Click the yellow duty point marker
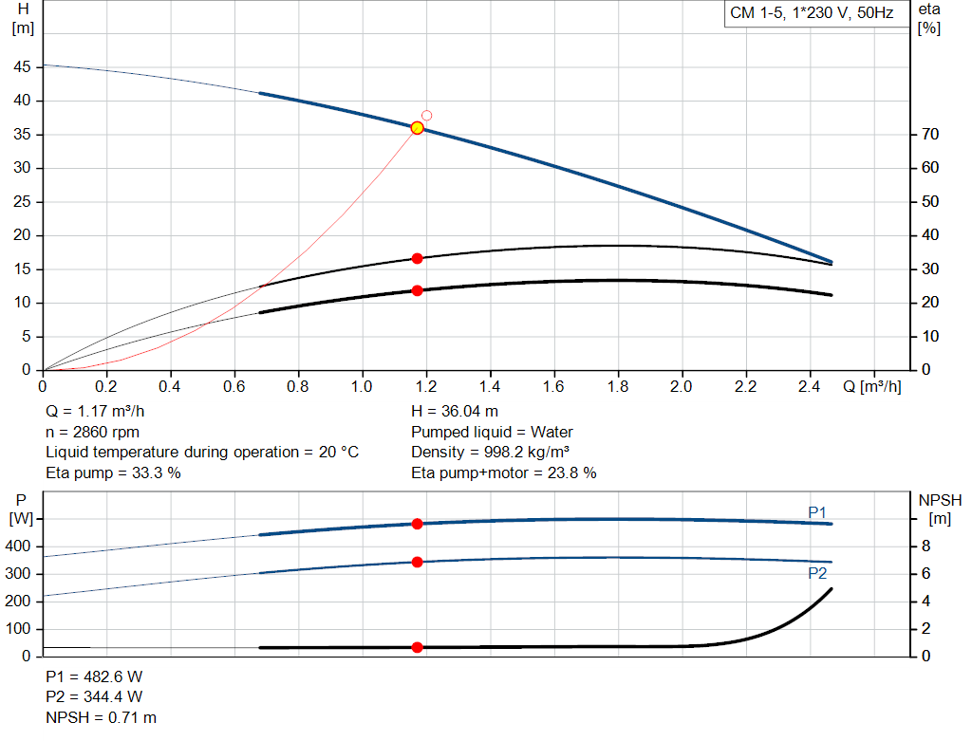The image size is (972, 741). (417, 128)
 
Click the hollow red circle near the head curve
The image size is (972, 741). (427, 116)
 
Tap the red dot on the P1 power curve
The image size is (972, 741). (417, 524)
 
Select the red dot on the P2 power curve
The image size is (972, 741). (417, 562)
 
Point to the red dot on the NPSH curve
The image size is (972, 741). (417, 647)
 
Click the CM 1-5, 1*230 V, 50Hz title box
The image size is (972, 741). (812, 14)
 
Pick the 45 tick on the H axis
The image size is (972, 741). (22, 67)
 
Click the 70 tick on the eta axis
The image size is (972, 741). (930, 135)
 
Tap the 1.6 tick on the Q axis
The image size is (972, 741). (553, 387)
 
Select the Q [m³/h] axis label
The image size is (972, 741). (870, 387)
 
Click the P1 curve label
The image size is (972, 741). (817, 512)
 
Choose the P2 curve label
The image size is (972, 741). (817, 573)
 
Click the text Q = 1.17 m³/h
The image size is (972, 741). (96, 411)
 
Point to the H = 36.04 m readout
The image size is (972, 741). (455, 411)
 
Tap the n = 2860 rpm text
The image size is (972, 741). (92, 432)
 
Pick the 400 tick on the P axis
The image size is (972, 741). (20, 546)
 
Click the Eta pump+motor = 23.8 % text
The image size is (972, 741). (504, 472)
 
